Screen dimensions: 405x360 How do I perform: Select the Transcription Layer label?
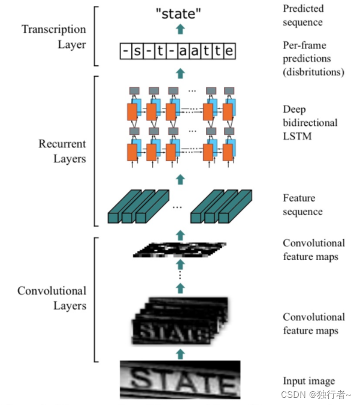[54, 37]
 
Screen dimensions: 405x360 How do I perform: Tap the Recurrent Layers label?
[62, 152]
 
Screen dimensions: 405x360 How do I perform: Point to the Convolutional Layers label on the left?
[52, 298]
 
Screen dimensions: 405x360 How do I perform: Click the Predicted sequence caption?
[302, 16]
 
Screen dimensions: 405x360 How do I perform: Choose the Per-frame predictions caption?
[313, 59]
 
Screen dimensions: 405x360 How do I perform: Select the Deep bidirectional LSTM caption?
[310, 123]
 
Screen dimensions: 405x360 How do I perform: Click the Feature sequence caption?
[302, 205]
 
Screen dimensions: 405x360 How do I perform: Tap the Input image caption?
[308, 381]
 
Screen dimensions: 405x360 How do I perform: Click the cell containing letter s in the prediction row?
[137, 52]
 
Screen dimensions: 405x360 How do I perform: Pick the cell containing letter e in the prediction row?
[229, 52]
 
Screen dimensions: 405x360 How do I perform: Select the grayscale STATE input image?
[180, 379]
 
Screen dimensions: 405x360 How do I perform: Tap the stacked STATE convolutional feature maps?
[180, 323]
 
